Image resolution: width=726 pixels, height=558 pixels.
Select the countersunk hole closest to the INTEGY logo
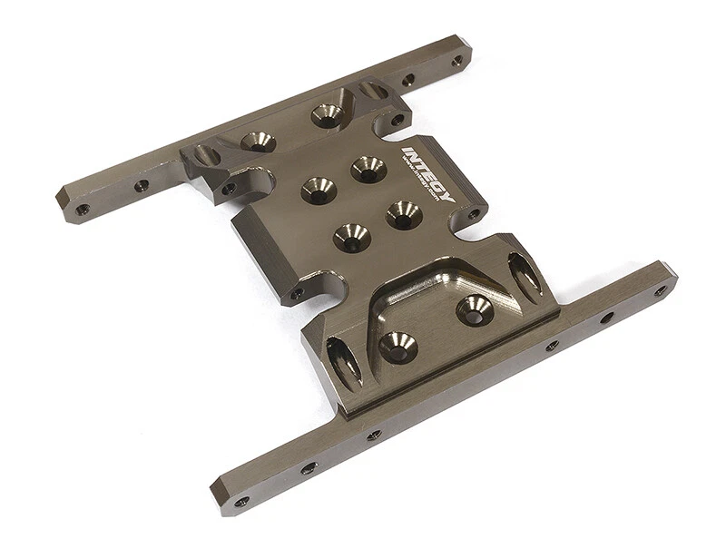coord(368,168)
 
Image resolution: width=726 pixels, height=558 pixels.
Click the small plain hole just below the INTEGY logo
coord(473,215)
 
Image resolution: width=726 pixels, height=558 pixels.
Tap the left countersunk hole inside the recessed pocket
coord(397,347)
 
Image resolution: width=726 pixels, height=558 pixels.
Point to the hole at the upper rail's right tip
coord(456,61)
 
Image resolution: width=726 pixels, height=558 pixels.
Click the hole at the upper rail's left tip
coord(83,209)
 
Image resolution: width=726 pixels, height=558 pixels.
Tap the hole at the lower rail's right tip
coord(660,290)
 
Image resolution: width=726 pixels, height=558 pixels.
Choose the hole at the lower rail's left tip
coord(241,501)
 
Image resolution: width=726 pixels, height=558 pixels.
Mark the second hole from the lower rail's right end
coord(606,318)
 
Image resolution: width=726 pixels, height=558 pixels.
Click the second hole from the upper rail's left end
coord(142,186)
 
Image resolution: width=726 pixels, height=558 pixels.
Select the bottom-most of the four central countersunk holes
coord(351,237)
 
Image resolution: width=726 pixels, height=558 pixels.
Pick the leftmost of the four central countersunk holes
coord(319,189)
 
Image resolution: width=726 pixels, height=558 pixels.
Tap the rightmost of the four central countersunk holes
coord(403,214)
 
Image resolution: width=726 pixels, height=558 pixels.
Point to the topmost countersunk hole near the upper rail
coord(327,114)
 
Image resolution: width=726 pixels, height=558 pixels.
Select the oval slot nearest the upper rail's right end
coord(373,91)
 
